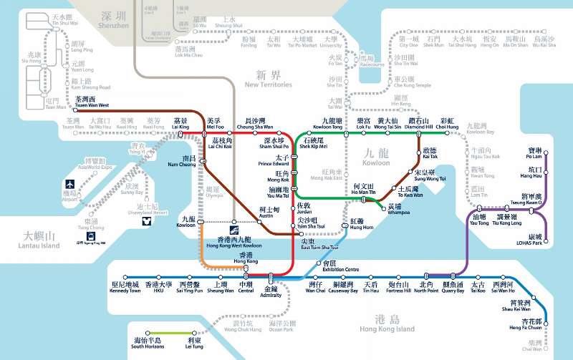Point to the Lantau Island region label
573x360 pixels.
39,240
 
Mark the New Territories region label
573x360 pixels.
268,79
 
